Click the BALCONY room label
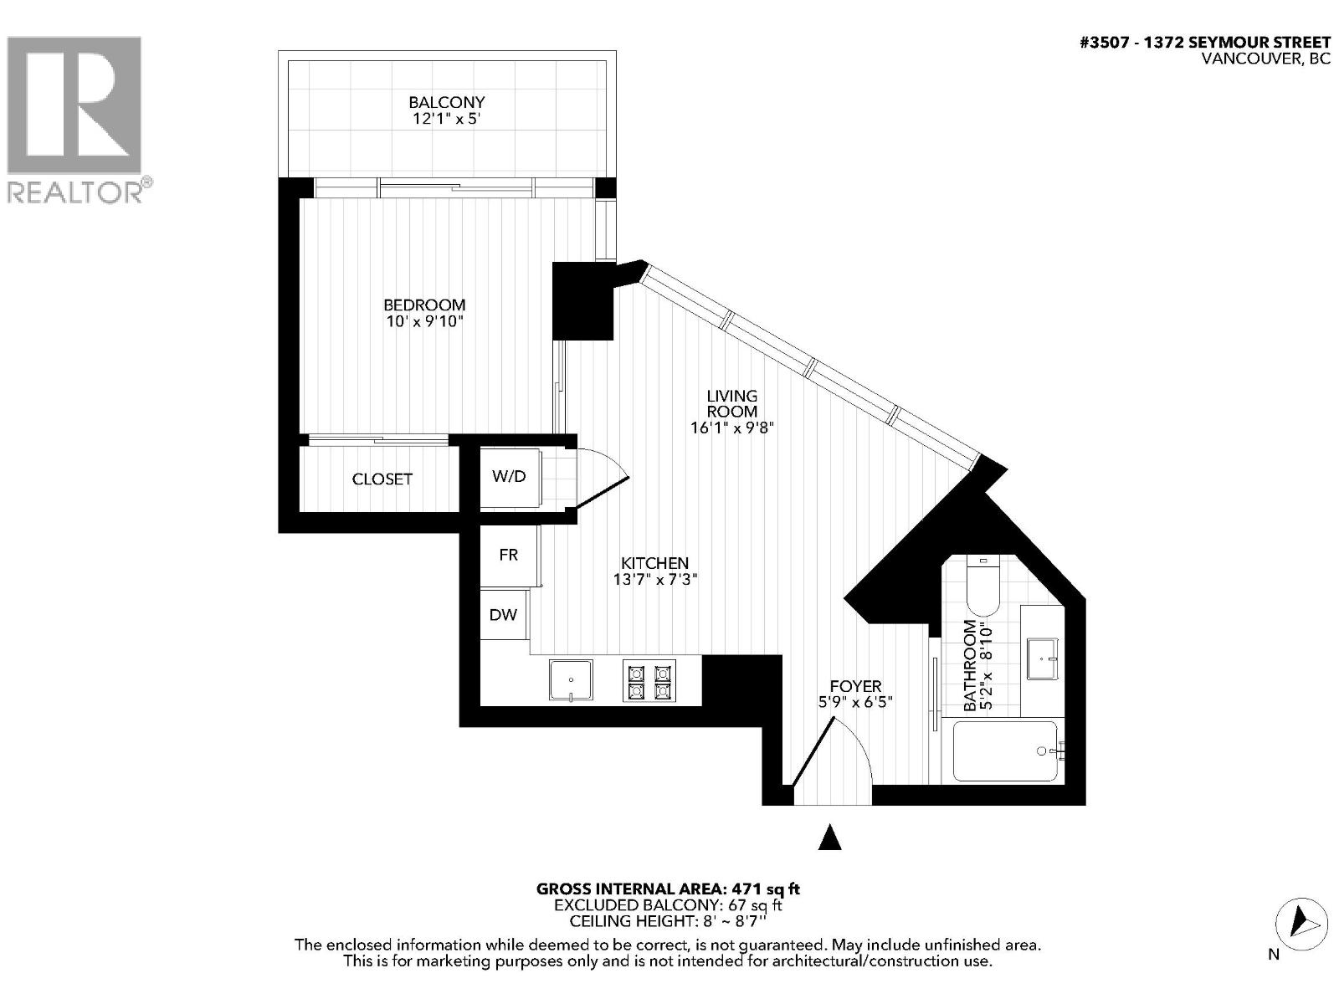[x=446, y=102]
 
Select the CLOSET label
[x=382, y=479]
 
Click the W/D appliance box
[x=509, y=477]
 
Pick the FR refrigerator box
[x=509, y=555]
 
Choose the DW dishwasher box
[x=503, y=615]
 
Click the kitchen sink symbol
[x=571, y=679]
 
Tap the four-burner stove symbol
[x=649, y=680]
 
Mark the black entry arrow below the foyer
[x=829, y=837]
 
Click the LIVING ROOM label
[x=732, y=403]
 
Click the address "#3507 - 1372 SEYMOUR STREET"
[x=1205, y=43]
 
